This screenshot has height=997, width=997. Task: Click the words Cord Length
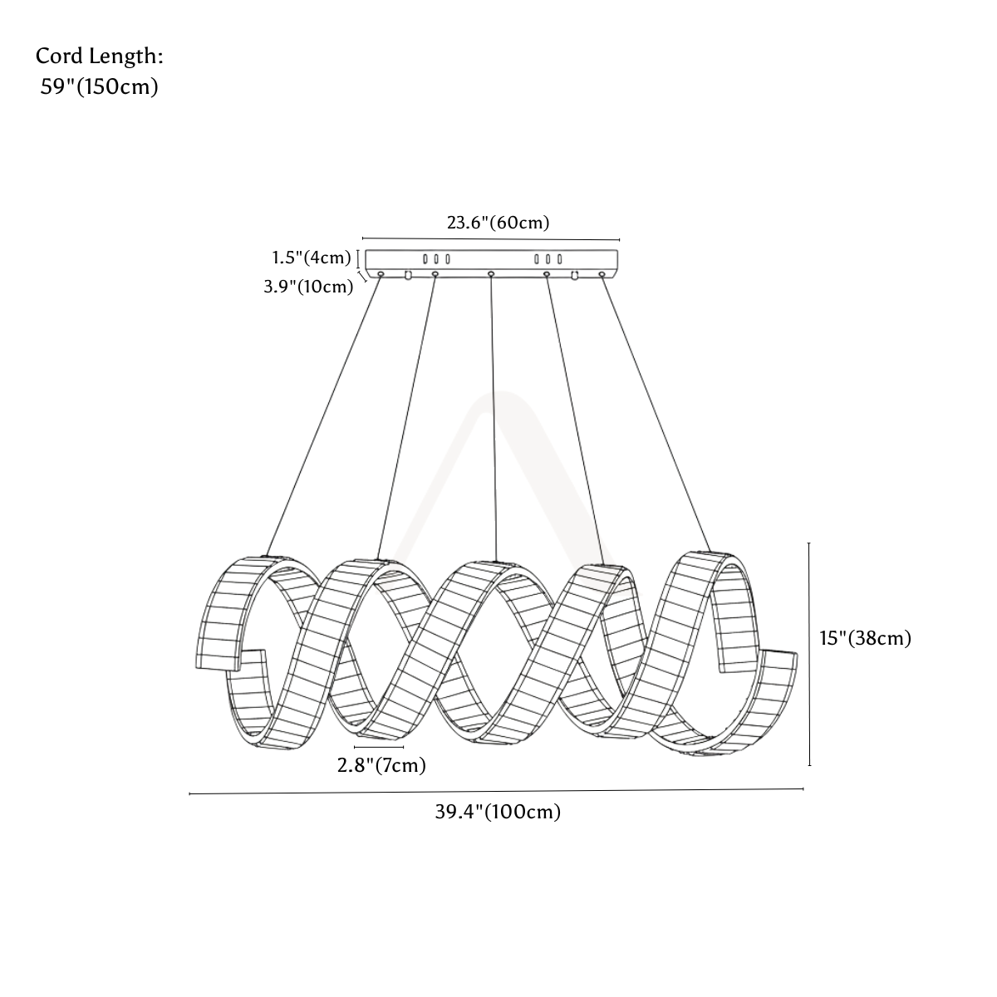pyautogui.click(x=100, y=56)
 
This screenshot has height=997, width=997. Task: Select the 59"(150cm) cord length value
pyautogui.click(x=100, y=87)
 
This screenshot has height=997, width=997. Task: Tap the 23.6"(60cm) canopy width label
pyautogui.click(x=498, y=223)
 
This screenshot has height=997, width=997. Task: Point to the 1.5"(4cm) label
pyautogui.click(x=312, y=257)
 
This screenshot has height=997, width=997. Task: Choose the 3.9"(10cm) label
pyautogui.click(x=308, y=286)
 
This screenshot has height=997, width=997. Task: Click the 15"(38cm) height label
pyautogui.click(x=866, y=638)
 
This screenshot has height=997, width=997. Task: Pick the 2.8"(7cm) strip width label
pyautogui.click(x=382, y=765)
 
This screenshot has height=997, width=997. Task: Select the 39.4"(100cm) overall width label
pyautogui.click(x=498, y=812)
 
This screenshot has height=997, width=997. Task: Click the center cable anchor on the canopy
pyautogui.click(x=491, y=273)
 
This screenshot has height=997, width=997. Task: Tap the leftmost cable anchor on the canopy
pyautogui.click(x=381, y=273)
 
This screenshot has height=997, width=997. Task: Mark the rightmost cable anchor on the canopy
pyautogui.click(x=602, y=273)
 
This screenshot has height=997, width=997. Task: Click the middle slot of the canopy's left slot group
pyautogui.click(x=436, y=258)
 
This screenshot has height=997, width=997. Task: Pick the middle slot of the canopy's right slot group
pyautogui.click(x=548, y=258)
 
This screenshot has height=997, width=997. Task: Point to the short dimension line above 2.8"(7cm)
pyautogui.click(x=379, y=747)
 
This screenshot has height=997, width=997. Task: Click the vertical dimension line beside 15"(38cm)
pyautogui.click(x=809, y=654)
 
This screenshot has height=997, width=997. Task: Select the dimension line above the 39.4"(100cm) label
pyautogui.click(x=496, y=791)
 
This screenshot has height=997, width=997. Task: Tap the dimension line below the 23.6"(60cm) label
pyautogui.click(x=491, y=239)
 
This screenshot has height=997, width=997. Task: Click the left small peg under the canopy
pyautogui.click(x=408, y=275)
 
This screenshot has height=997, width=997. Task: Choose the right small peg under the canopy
pyautogui.click(x=574, y=275)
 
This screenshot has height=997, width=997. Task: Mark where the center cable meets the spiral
pyautogui.click(x=496, y=561)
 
